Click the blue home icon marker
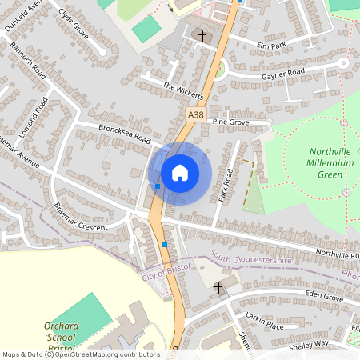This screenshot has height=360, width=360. (x=180, y=173)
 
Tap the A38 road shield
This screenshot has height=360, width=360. (x=195, y=116)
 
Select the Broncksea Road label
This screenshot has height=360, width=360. (x=124, y=133)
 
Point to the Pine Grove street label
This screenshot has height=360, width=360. (x=231, y=122)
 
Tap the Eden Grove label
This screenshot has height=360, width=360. (x=323, y=298)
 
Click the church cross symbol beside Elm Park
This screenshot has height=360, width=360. (x=202, y=35)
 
